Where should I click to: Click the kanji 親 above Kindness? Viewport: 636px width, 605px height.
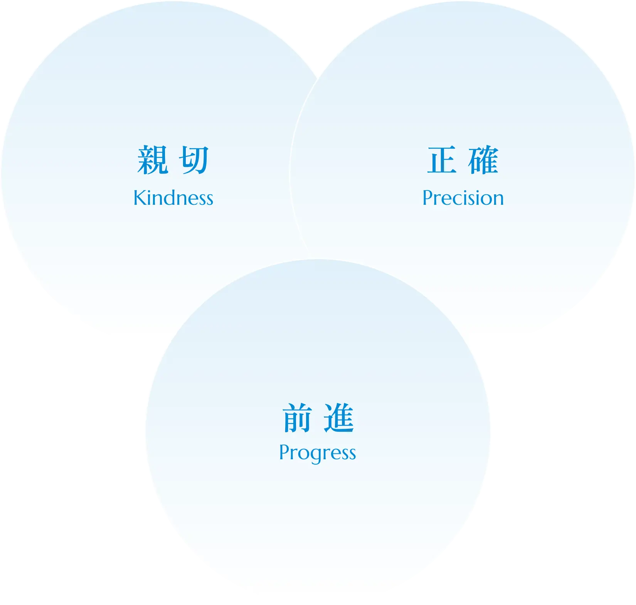[x=153, y=160]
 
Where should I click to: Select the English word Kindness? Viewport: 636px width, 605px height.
[x=173, y=198]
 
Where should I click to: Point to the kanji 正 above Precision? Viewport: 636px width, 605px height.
[x=442, y=160]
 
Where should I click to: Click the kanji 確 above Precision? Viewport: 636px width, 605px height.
[x=483, y=160]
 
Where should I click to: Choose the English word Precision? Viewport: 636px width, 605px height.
[x=463, y=198]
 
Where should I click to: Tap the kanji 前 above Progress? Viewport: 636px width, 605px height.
[x=297, y=418]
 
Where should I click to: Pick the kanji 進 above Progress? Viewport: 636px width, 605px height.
[x=339, y=418]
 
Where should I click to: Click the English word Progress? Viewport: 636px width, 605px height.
[x=317, y=453]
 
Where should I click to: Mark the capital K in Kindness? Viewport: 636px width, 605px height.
[x=140, y=198]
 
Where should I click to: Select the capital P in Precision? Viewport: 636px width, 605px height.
[x=428, y=198]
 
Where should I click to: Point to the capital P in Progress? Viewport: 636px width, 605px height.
[x=284, y=452]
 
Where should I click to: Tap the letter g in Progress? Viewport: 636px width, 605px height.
[x=312, y=455]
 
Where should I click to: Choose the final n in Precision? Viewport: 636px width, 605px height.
[x=498, y=199]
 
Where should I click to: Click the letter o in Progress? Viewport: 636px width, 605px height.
[x=302, y=453]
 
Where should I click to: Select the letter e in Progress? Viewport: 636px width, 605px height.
[x=331, y=453]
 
